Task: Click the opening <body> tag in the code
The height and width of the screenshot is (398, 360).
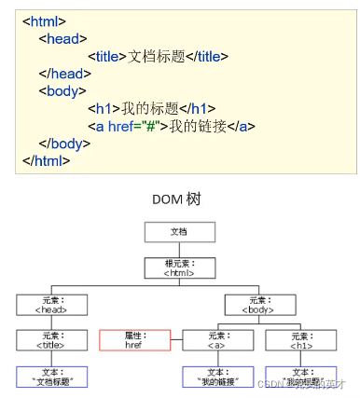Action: [x=63, y=90]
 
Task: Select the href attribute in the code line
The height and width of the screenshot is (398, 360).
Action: [x=118, y=126]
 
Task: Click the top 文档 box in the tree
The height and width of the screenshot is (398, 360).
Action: [x=179, y=232]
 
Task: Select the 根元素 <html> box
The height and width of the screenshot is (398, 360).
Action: [x=179, y=268]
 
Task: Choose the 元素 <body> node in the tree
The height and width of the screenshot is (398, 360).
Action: [x=259, y=304]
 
